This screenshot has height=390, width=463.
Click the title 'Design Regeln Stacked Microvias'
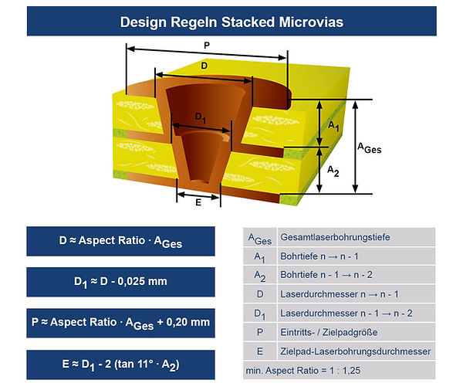coord(231,22)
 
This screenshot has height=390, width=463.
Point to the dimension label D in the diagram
coord(204,66)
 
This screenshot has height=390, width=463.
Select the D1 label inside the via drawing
coord(200,117)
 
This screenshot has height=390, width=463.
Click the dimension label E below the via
coord(198,202)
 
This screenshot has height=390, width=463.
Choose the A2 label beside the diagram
coord(334,169)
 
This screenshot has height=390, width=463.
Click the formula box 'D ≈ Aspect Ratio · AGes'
coord(120,242)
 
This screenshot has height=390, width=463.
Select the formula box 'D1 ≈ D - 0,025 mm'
coord(120,281)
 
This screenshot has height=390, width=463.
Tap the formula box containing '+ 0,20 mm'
coord(120,321)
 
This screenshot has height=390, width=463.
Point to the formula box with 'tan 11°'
coord(120,361)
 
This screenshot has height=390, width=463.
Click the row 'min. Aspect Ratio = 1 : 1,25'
coord(309,370)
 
